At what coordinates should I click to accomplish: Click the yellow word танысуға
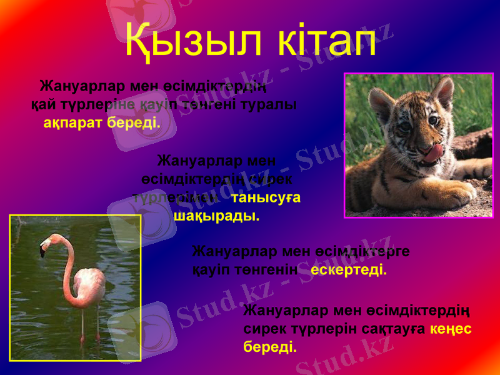(x=266, y=197)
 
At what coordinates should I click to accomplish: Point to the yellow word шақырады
(x=216, y=216)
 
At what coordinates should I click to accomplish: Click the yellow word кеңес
(x=451, y=328)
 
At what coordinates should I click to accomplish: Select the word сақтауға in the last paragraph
(x=395, y=328)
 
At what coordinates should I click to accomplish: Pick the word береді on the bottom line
(x=270, y=346)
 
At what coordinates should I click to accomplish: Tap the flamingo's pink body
(x=87, y=287)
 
